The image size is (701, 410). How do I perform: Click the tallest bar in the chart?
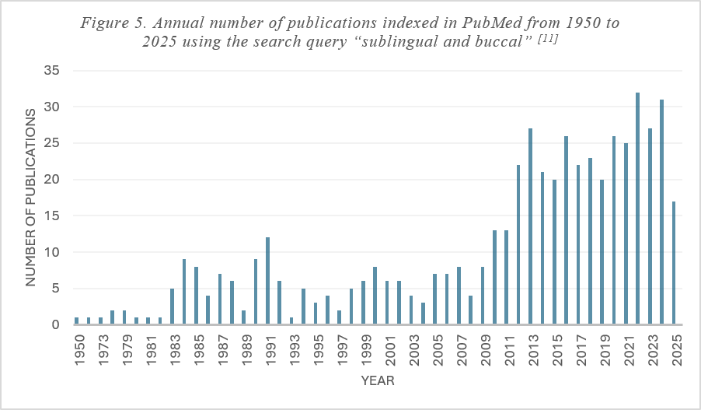637,209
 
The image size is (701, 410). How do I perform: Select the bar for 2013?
530,226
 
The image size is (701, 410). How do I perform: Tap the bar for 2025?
673,263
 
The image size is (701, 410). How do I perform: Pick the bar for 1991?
268,281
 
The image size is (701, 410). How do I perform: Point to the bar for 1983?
172,307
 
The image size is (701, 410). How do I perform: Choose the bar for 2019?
602,251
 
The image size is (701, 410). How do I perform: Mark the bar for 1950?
76,321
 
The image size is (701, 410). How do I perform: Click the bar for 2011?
506,277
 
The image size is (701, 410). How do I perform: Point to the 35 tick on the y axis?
51,70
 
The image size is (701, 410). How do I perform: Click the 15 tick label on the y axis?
51,216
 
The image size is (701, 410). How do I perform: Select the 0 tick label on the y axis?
55,324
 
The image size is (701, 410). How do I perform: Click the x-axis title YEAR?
378,381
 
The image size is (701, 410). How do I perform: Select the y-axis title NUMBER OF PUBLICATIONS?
30,198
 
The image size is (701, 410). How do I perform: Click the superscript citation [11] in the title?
548,39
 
